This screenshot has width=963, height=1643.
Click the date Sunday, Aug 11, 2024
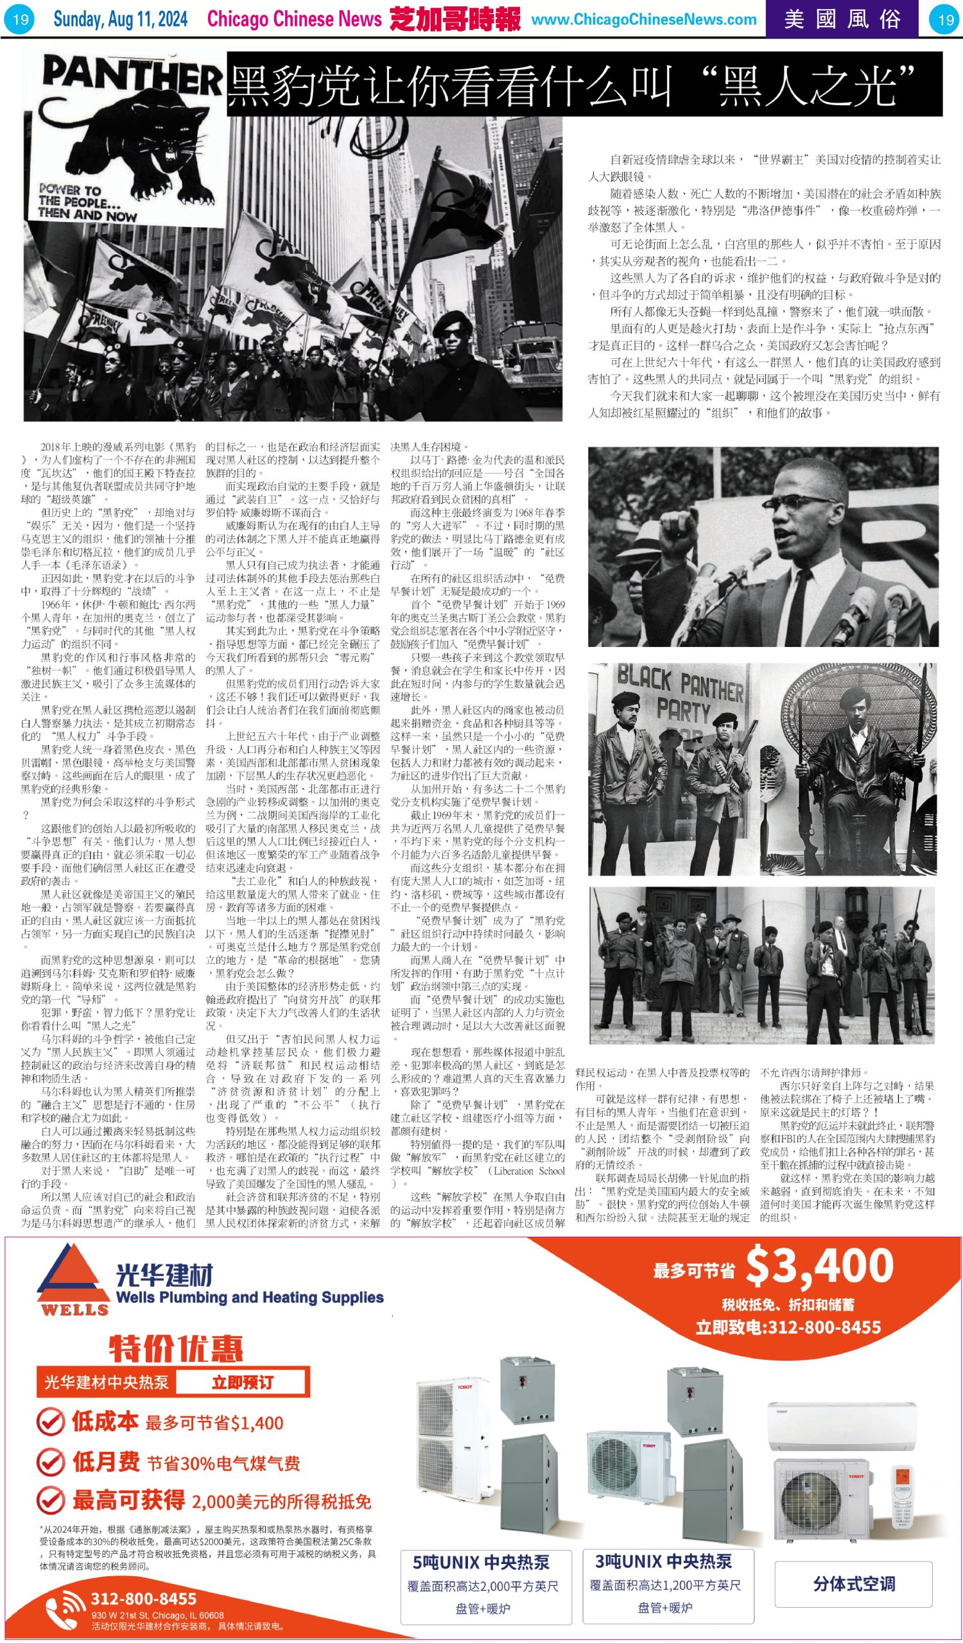pos(120,19)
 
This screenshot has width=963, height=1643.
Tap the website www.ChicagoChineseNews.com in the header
pos(643,19)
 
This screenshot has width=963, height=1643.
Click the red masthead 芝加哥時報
pos(455,19)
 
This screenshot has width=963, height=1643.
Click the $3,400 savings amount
pos(819,1266)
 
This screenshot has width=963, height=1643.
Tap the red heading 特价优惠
pos(175,1349)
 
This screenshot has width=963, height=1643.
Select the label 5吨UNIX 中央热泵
pos(481,1562)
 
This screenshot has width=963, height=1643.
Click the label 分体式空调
pos(853,1584)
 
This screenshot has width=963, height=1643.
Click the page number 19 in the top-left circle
pos(21,19)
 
